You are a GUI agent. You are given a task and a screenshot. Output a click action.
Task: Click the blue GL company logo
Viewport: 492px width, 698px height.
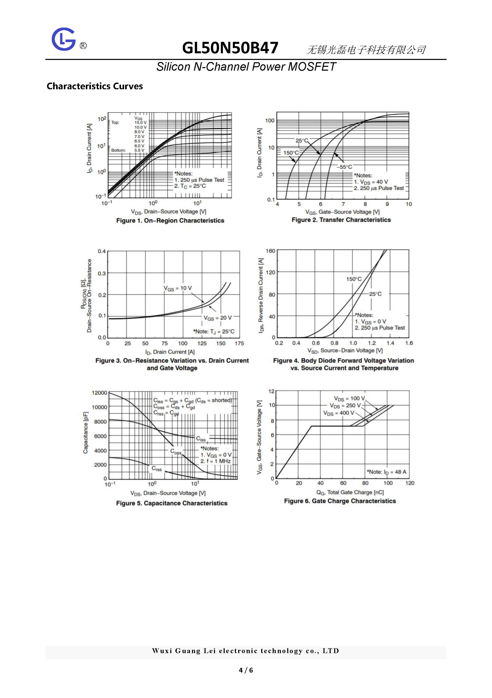(63, 39)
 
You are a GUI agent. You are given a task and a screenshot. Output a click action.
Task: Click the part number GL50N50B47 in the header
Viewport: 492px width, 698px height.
(230, 48)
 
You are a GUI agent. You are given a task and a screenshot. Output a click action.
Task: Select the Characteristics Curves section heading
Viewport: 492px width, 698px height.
(95, 86)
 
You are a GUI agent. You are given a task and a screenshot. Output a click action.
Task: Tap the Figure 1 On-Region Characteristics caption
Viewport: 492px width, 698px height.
(170, 220)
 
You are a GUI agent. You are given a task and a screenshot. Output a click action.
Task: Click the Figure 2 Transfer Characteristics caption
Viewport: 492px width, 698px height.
(341, 220)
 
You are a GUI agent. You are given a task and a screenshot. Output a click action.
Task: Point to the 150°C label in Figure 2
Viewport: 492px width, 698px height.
(291, 153)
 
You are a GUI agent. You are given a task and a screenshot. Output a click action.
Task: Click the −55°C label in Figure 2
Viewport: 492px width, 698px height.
(344, 167)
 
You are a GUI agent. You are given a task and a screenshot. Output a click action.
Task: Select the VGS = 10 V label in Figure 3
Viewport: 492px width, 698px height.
(178, 288)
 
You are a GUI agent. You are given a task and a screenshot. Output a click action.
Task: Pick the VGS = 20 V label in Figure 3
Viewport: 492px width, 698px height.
(218, 318)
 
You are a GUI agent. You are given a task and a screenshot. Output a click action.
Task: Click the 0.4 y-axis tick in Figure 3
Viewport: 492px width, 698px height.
(102, 251)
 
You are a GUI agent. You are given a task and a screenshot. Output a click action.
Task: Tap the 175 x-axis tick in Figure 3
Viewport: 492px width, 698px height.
(239, 343)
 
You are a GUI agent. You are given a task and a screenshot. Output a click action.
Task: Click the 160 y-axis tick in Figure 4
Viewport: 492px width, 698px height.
(270, 251)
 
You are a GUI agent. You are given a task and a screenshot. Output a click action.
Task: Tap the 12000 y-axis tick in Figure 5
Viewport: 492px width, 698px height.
(100, 393)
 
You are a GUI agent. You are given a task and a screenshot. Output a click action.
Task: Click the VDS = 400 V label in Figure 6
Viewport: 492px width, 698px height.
(339, 413)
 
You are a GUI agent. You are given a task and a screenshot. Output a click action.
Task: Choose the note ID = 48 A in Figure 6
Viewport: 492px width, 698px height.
(386, 472)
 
